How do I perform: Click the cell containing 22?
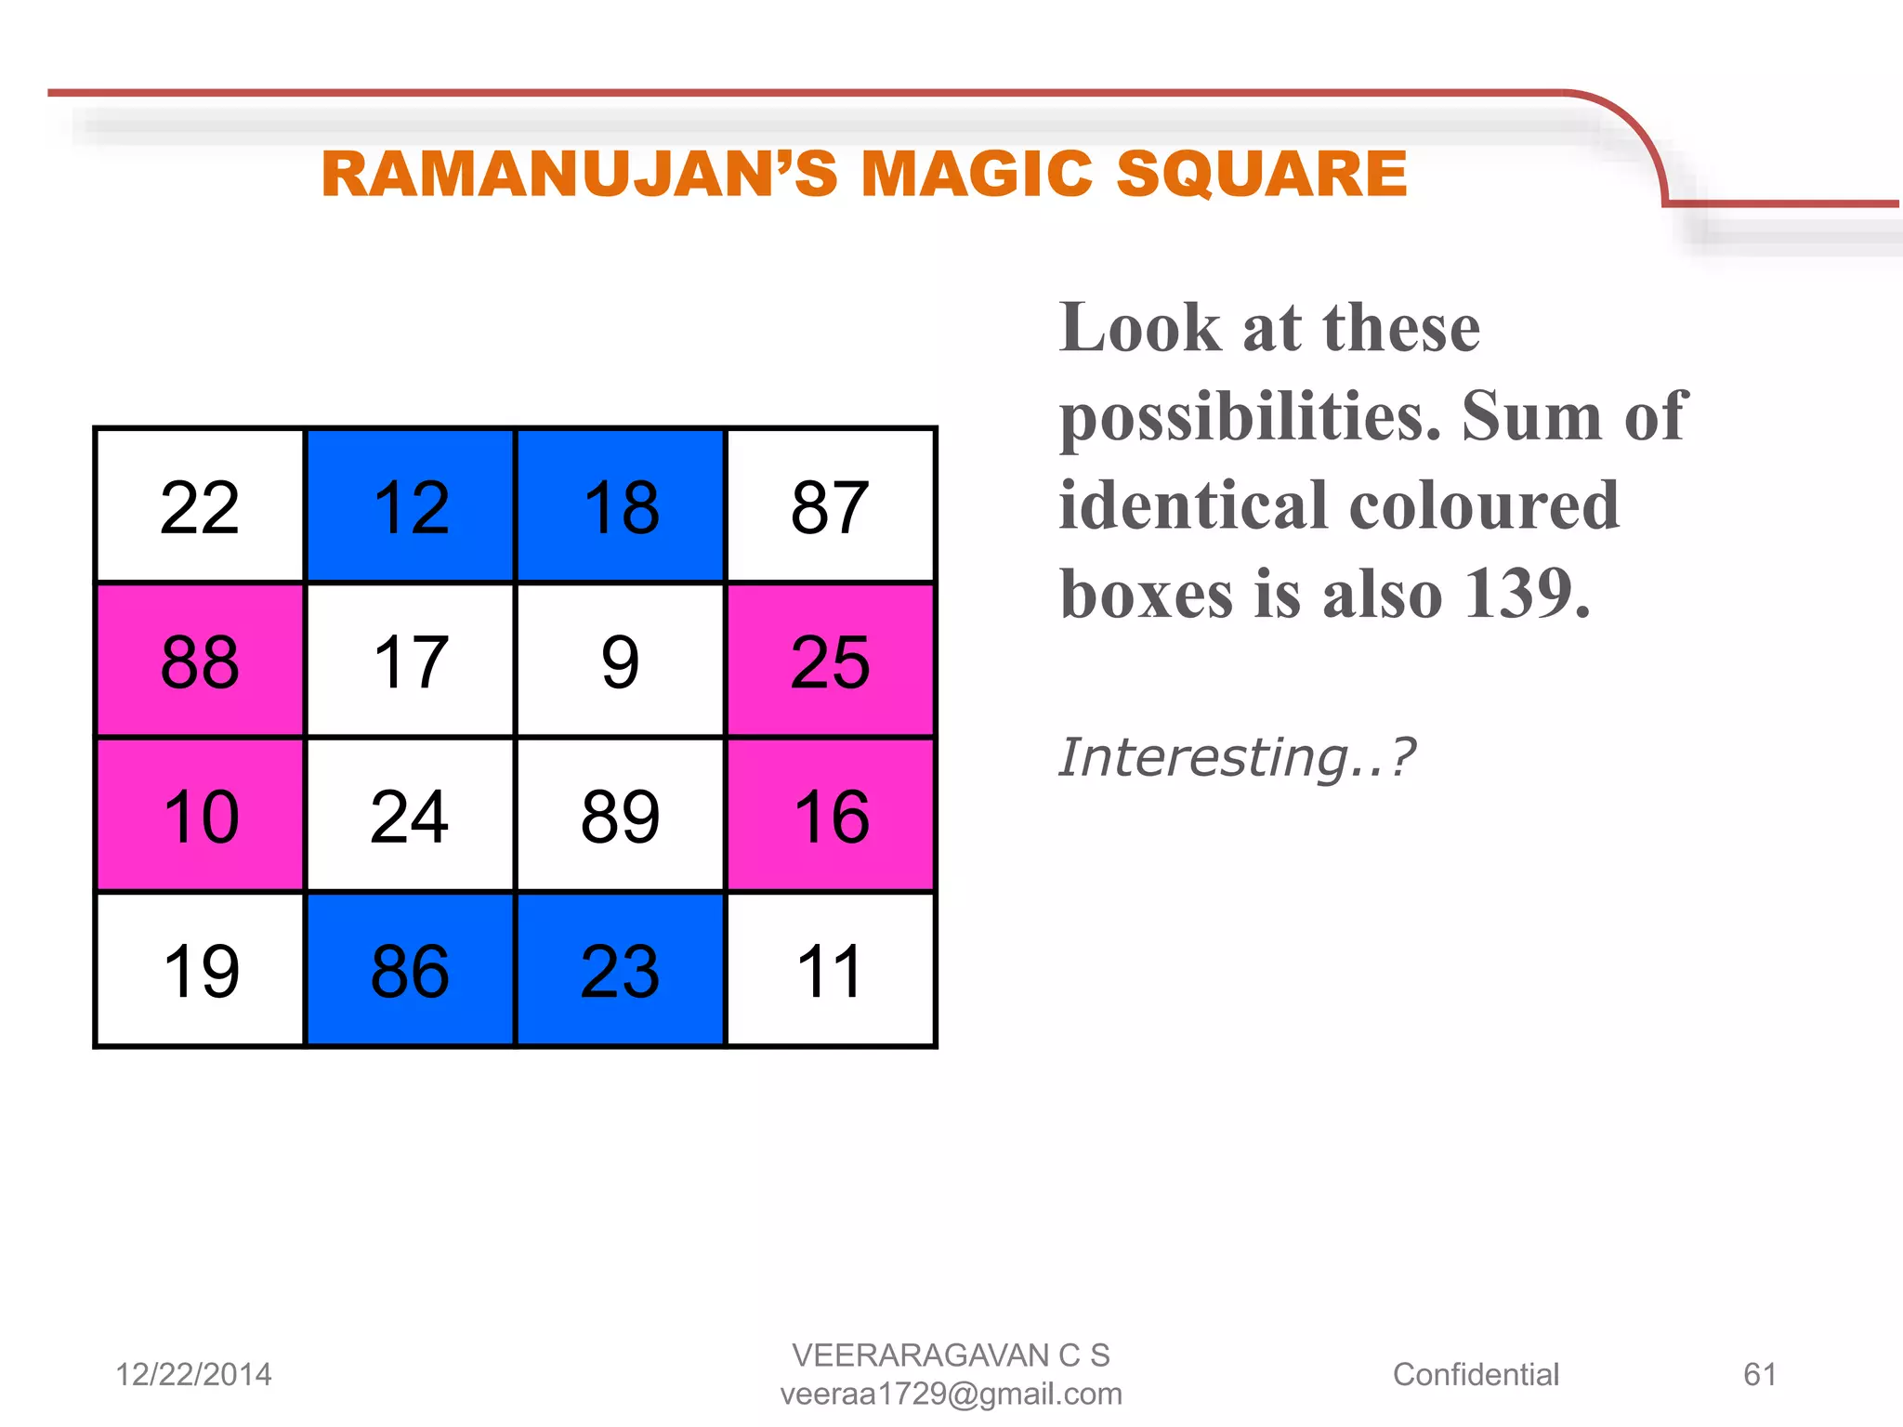[x=200, y=506]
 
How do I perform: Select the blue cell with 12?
[x=410, y=506]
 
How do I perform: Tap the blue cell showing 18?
[x=621, y=506]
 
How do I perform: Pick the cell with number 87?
[x=831, y=506]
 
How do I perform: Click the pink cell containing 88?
[x=200, y=661]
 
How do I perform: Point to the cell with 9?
[x=621, y=661]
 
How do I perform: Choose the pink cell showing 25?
[x=831, y=661]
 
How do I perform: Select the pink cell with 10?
[x=200, y=816]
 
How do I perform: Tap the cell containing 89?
[x=621, y=816]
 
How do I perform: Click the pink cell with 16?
[x=831, y=816]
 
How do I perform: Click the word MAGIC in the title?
[x=977, y=174]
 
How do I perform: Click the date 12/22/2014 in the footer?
[x=193, y=1374]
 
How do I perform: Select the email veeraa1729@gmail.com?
[x=951, y=1394]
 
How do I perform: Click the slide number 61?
[x=1760, y=1374]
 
